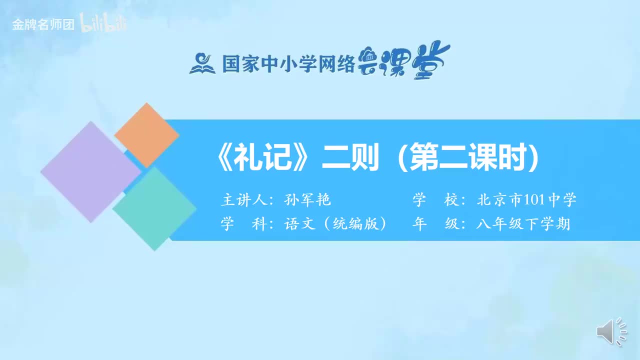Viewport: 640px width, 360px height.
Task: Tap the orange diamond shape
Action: (x=146, y=135)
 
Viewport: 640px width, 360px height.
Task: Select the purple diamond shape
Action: (x=90, y=171)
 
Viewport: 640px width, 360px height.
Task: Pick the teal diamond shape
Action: (x=154, y=208)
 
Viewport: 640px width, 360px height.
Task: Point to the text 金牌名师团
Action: (x=43, y=24)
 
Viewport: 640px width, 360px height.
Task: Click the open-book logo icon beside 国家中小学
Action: (x=202, y=63)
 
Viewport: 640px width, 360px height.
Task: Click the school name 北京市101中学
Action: (x=527, y=200)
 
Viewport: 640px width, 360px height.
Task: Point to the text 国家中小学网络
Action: (x=288, y=63)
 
